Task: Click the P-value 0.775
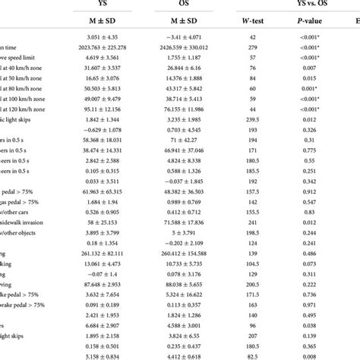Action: coord(310,151)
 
